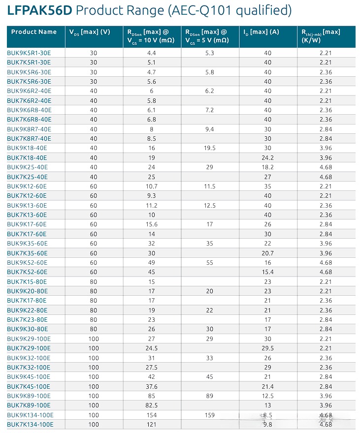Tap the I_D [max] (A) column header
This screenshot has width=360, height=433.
pyautogui.click(x=261, y=32)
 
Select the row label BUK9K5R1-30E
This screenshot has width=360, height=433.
pyautogui.click(x=29, y=53)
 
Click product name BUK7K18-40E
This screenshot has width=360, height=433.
pyautogui.click(x=27, y=157)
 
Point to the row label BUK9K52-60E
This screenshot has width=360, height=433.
pyautogui.click(x=27, y=262)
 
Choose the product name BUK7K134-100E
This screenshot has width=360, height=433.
pyautogui.click(x=30, y=424)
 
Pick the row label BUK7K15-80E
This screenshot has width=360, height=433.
pyautogui.click(x=27, y=281)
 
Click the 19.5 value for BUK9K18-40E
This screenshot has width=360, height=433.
pyautogui.click(x=210, y=148)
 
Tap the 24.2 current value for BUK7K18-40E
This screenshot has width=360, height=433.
pyautogui.click(x=267, y=157)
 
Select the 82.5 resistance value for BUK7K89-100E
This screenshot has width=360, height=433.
pyautogui.click(x=151, y=405)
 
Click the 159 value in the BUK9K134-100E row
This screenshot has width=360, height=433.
pyautogui.click(x=210, y=415)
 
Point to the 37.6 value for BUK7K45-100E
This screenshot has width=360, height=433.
pyautogui.click(x=151, y=386)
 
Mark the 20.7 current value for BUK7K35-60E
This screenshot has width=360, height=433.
pyautogui.click(x=267, y=253)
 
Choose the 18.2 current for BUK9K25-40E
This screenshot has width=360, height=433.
pyautogui.click(x=267, y=167)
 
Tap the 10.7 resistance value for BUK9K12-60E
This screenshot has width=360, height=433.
pyautogui.click(x=151, y=186)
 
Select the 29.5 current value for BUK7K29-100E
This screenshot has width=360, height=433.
pyautogui.click(x=267, y=348)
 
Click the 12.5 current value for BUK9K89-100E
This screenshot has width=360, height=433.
pyautogui.click(x=267, y=396)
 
